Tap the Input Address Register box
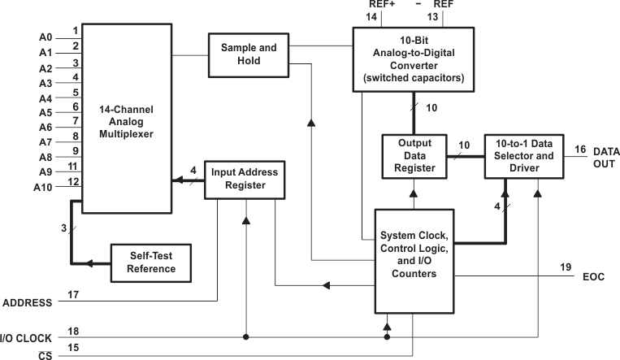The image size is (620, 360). click(x=245, y=180)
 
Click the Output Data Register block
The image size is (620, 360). click(x=414, y=156)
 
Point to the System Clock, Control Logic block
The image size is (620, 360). click(x=414, y=260)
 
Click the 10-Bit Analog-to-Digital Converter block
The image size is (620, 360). click(x=413, y=58)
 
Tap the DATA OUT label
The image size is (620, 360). click(x=605, y=158)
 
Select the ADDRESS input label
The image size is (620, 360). click(x=28, y=302)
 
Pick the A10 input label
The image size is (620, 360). click(x=44, y=188)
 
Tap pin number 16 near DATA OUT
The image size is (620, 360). click(x=579, y=149)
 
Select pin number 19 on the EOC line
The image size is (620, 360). click(x=566, y=267)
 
